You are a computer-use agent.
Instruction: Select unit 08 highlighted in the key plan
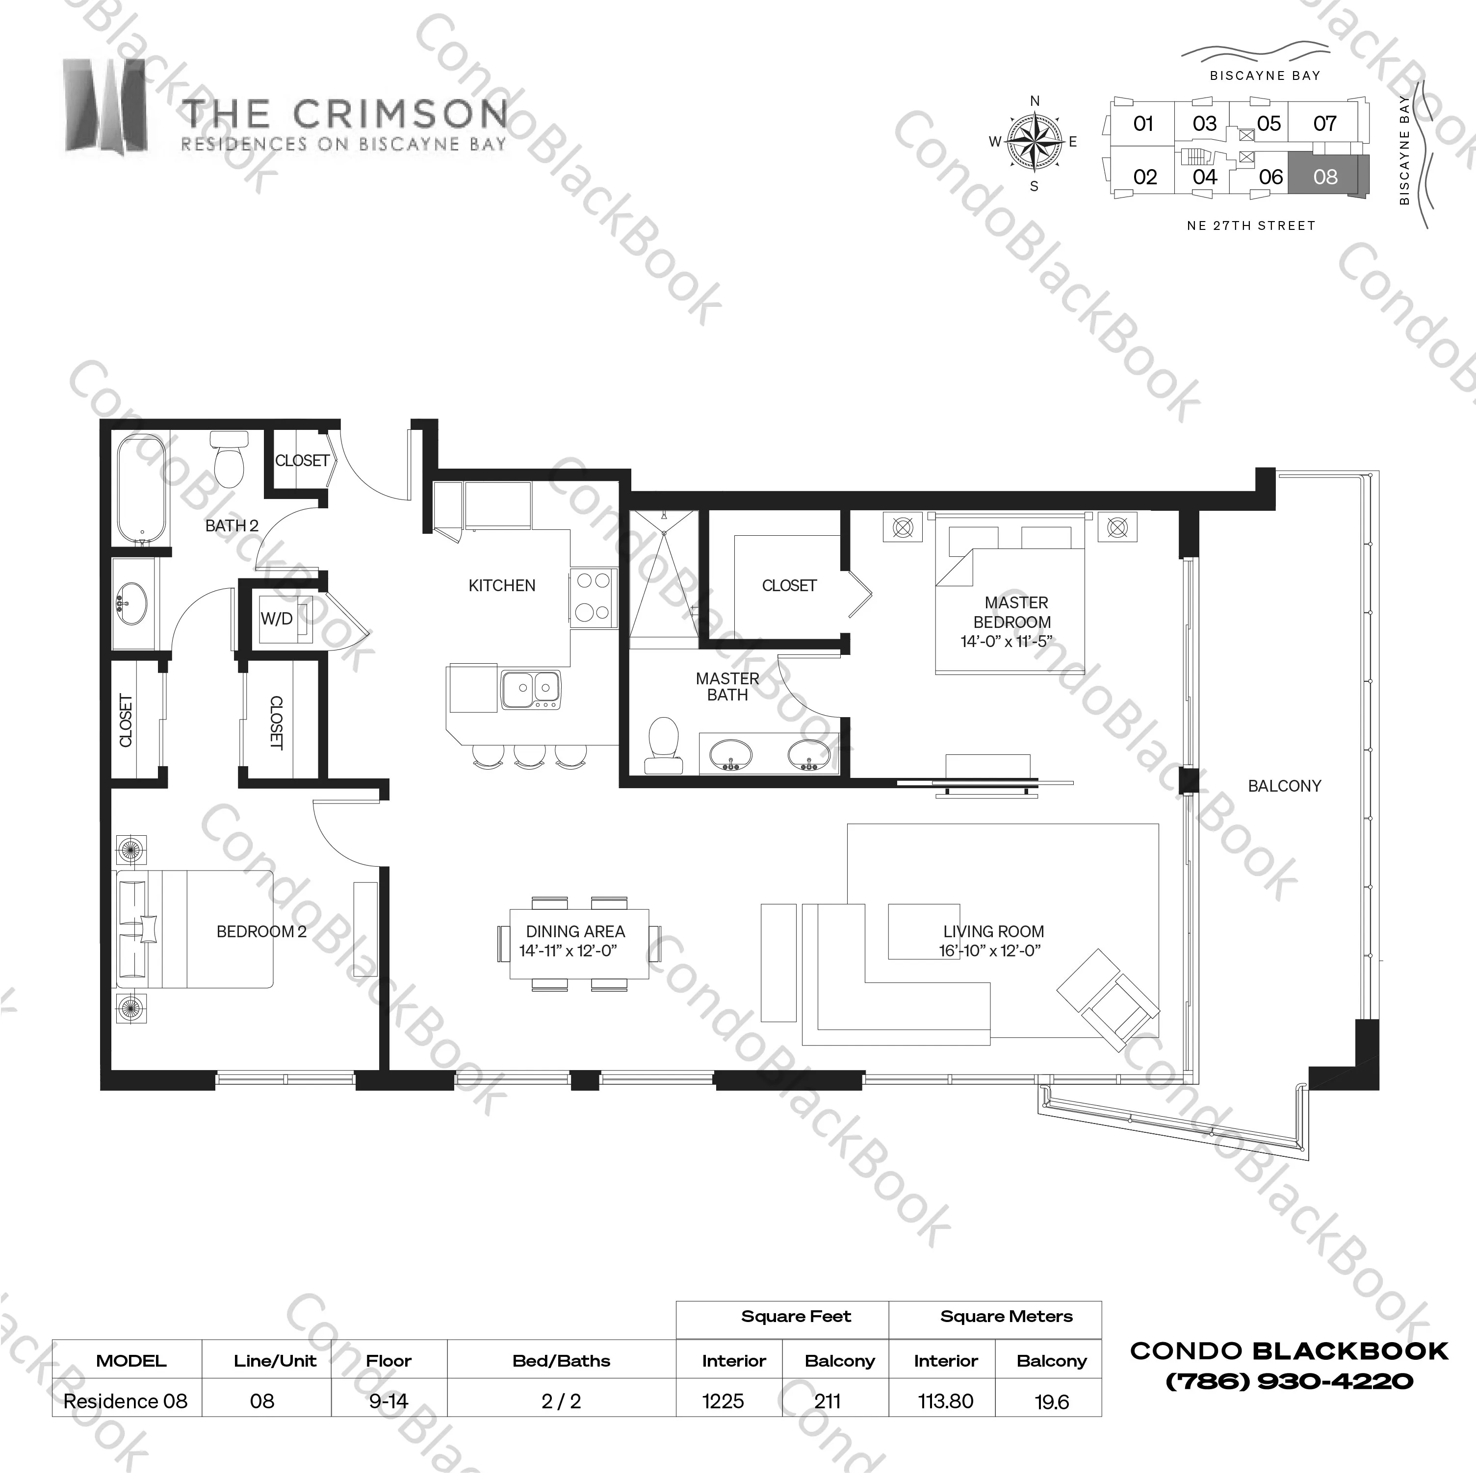pos(1325,176)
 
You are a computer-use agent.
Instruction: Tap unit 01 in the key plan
pos(1143,123)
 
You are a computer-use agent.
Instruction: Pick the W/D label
pos(277,619)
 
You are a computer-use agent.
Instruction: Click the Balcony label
pos(1284,786)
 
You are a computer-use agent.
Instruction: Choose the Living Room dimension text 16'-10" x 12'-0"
pos(991,950)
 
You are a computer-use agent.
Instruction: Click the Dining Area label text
pos(575,932)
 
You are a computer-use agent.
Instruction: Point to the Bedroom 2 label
pos(261,932)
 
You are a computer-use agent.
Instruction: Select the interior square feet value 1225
pos(723,1401)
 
